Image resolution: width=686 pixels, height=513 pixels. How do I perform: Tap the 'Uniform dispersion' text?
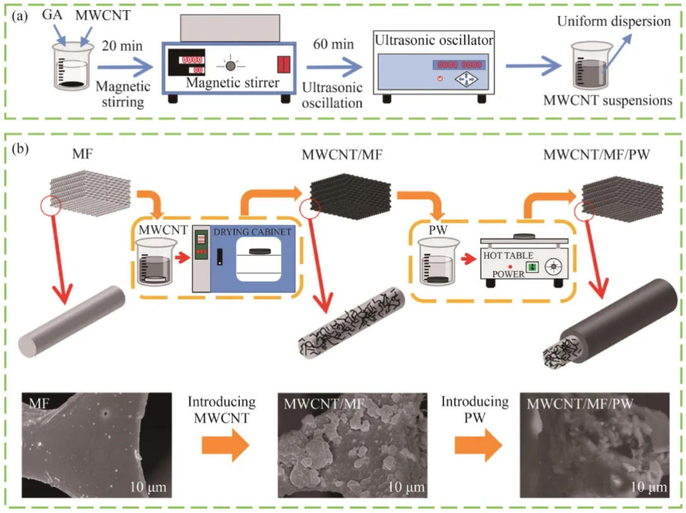coord(613,22)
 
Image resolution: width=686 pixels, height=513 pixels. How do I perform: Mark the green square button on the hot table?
coord(532,266)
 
